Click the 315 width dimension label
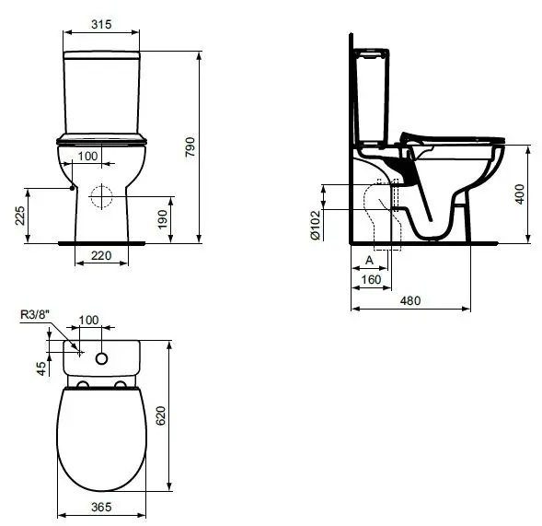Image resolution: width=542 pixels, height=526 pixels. [101, 24]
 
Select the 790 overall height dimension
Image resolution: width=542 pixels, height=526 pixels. [190, 146]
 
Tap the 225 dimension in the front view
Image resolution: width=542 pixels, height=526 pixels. [19, 216]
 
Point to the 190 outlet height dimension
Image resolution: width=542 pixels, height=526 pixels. [162, 219]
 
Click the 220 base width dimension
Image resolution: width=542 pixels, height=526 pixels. [101, 255]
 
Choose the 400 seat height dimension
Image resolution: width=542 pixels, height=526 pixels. [519, 194]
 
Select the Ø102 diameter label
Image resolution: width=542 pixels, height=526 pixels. [316, 225]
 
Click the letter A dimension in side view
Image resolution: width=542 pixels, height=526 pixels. [370, 260]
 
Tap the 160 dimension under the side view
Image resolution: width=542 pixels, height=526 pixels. [371, 279]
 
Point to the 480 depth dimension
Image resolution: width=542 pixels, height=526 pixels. [410, 300]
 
